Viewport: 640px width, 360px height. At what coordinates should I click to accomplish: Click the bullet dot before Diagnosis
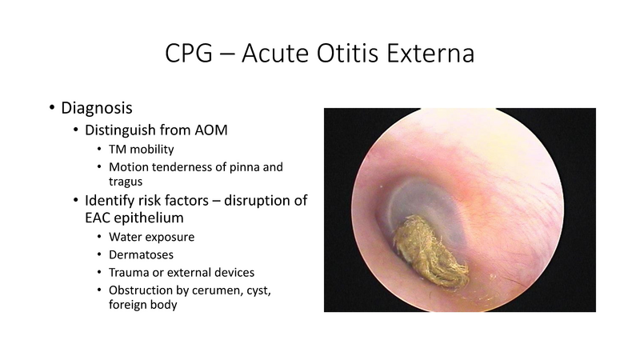(x=53, y=108)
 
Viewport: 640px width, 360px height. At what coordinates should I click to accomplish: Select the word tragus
(x=126, y=182)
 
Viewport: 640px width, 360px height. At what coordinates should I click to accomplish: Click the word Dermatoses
(x=141, y=254)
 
